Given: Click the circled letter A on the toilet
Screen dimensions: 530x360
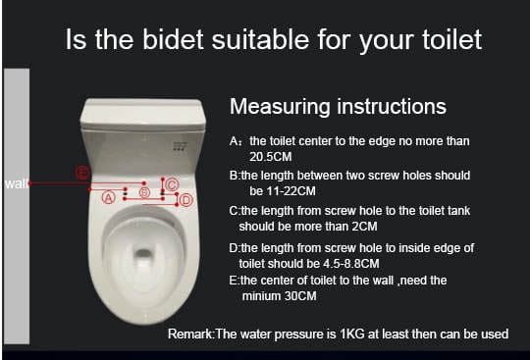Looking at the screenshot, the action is click(x=109, y=197).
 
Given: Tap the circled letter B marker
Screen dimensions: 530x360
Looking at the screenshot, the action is click(x=144, y=192).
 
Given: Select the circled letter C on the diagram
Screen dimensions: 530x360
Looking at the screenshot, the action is click(x=172, y=184).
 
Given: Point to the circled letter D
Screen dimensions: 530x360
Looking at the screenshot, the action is click(x=185, y=200).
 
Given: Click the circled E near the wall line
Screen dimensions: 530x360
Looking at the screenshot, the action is click(x=82, y=173).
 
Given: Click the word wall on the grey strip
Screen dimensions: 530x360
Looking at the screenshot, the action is click(x=16, y=184).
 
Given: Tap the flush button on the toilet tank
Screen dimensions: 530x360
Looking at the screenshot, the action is click(x=180, y=146).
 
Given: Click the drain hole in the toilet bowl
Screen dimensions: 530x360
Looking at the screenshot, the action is click(x=144, y=253).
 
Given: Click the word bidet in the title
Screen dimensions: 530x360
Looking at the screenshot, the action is click(x=173, y=39).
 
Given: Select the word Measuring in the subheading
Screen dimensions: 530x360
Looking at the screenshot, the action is click(x=280, y=106).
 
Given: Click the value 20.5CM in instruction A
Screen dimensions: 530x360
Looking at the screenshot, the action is click(x=271, y=157).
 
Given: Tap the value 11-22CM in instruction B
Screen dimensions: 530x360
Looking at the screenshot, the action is click(x=283, y=191).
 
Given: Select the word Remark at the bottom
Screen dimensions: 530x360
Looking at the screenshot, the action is click(x=190, y=334).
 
